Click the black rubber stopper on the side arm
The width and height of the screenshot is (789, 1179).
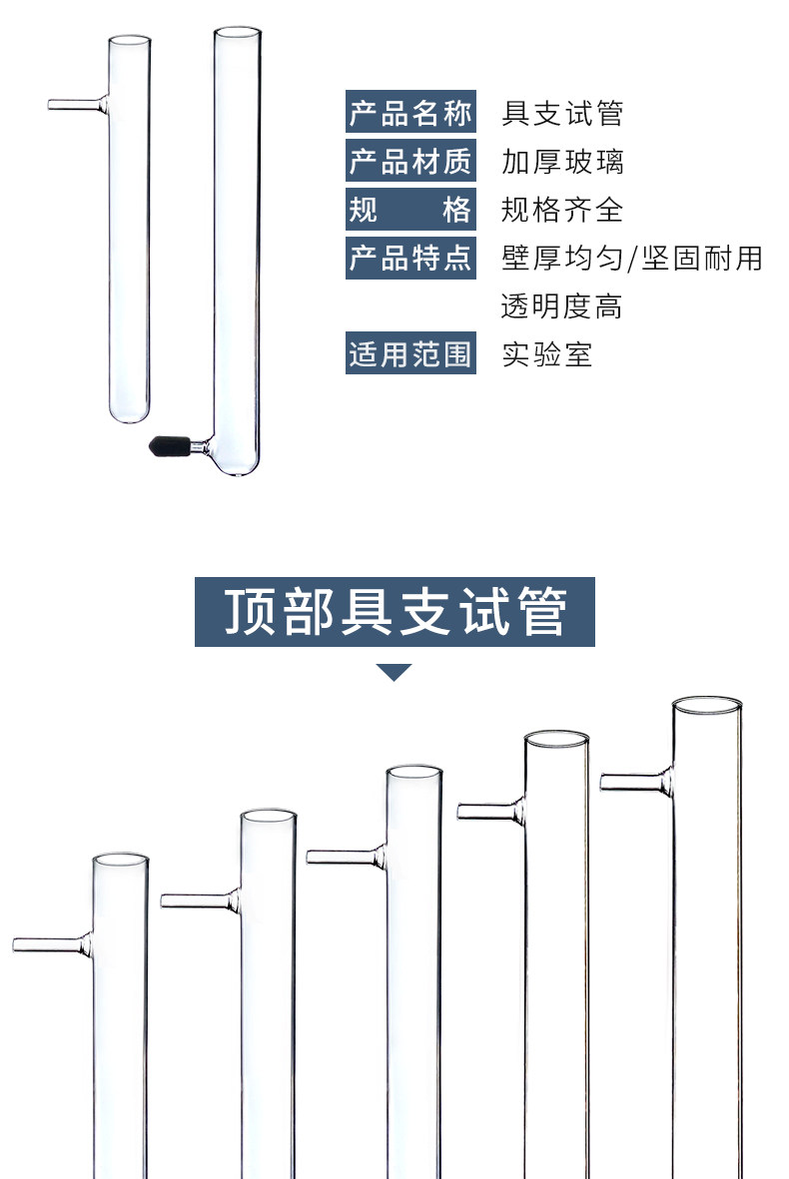169,446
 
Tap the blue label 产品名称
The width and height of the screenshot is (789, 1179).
410,111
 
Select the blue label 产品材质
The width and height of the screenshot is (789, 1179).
410,160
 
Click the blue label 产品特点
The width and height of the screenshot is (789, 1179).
410,258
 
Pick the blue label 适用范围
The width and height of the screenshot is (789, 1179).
410,352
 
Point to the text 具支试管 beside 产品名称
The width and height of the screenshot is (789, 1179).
562,113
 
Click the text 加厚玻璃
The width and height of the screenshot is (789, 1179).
562,162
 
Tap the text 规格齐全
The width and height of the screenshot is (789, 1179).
562,210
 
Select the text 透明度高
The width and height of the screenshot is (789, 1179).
562,306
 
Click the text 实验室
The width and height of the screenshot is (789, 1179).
547,354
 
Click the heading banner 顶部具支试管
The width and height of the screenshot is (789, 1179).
394,611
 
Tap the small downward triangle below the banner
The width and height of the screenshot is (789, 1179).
394,672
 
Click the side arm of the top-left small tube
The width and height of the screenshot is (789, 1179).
78,105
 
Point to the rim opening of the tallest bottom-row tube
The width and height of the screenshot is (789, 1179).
707,706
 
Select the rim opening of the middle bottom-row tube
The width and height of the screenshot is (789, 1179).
413,773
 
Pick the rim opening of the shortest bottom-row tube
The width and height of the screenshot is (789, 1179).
120,861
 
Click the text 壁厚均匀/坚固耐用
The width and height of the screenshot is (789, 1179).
632,258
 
